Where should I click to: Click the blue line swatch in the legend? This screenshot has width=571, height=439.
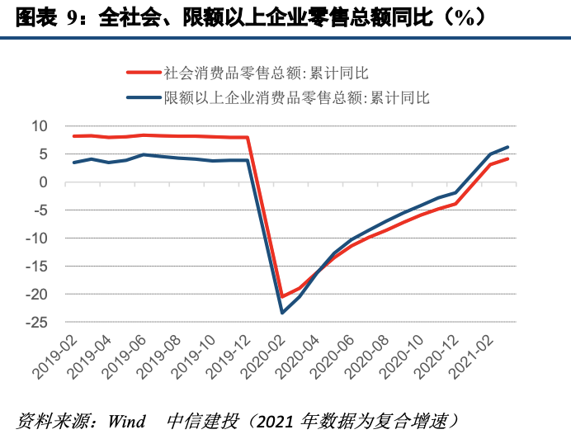click(x=143, y=97)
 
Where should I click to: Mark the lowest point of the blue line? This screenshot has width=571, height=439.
click(x=282, y=313)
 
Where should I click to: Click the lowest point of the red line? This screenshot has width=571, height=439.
click(x=282, y=296)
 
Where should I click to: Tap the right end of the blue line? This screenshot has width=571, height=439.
click(x=507, y=147)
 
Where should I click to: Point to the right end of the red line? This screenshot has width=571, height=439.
click(x=507, y=158)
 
